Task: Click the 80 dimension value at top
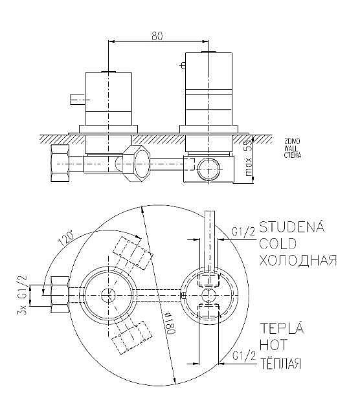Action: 157,37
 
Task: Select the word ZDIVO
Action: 292,140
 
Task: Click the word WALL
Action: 291,148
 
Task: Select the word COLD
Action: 278,243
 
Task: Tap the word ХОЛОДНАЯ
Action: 297,260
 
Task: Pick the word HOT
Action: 273,344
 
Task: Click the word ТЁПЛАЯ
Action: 280,362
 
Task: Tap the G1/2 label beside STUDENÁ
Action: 244,230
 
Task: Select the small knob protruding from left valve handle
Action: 76,99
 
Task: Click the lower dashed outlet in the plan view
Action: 129,338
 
